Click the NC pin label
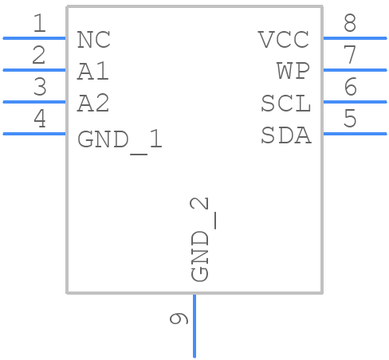coord(93,40)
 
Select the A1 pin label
coord(93,72)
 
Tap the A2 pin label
coord(93,104)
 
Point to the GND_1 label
coord(120,140)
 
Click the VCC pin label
coord(284,40)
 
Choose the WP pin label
coord(293,72)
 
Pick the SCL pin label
coord(285,104)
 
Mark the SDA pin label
coord(285,136)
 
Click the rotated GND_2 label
coord(200,239)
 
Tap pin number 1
coord(39,24)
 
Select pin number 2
coord(39,56)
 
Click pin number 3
coord(39,88)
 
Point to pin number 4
coord(39,119)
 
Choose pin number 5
coord(349,119)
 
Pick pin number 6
coord(349,88)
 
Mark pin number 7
coord(349,56)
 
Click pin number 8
coord(349,24)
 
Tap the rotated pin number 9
coord(179,319)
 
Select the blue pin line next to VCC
coord(354,37)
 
